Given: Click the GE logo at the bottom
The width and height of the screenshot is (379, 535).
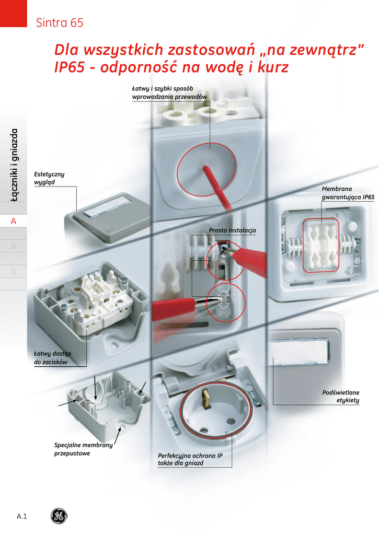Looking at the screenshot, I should coord(59,516).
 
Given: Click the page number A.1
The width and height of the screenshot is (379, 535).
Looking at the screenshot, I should coord(22,517).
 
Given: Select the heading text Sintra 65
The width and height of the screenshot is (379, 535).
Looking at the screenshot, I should coord(59,23).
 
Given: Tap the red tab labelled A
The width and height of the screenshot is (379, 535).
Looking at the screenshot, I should coord(14,221).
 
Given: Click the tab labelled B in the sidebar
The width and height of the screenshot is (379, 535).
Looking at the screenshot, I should coord(14,246).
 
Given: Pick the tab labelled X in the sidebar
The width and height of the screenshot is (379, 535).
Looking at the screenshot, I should coord(14,271).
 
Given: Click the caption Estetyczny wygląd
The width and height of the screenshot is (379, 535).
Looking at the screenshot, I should coord(49,178).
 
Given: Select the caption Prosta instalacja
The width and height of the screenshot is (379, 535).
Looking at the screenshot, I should coord(232,230).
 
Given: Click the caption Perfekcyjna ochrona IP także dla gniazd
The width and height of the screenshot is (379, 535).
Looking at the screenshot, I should coord(190,459).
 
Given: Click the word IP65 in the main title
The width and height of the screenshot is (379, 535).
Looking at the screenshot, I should coord(72,68).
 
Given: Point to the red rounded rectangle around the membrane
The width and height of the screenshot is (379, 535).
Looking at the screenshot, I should coord(321,245).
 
